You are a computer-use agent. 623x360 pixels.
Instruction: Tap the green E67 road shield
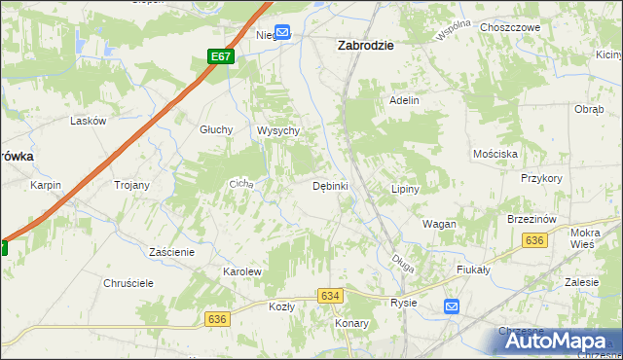pyautogui.click(x=221, y=56)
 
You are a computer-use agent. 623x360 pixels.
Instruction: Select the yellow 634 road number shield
pyautogui.click(x=331, y=295)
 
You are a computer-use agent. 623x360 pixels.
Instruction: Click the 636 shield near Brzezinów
pyautogui.click(x=533, y=240)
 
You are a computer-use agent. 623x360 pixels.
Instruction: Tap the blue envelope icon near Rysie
pyautogui.click(x=452, y=306)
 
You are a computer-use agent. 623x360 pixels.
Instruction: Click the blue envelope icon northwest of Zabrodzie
pyautogui.click(x=282, y=33)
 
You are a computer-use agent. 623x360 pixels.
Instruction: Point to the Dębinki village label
pyautogui.click(x=330, y=186)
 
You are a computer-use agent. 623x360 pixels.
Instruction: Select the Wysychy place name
pyautogui.click(x=277, y=131)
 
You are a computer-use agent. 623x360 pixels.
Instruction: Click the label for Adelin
pyautogui.click(x=404, y=100)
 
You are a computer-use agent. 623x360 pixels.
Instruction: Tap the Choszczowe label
pyautogui.click(x=510, y=28)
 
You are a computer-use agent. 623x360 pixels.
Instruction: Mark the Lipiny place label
pyautogui.click(x=404, y=189)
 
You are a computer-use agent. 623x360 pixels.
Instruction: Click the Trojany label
pyautogui.click(x=131, y=185)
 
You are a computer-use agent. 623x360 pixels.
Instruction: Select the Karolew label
pyautogui.click(x=242, y=271)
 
